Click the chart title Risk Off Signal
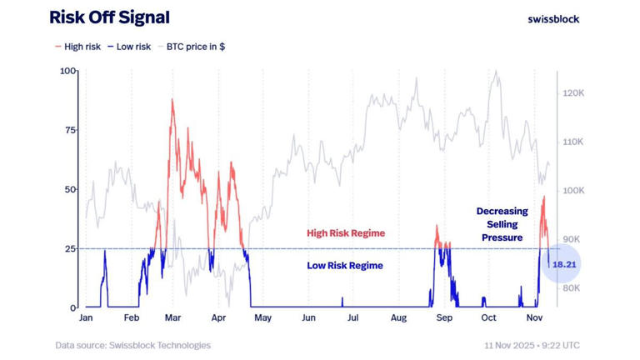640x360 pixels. click(x=109, y=17)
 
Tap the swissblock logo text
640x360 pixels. click(x=553, y=18)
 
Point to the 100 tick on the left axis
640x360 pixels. click(x=68, y=71)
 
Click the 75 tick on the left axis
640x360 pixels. click(x=71, y=130)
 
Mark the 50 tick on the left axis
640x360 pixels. click(x=71, y=189)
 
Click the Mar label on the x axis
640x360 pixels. click(x=173, y=318)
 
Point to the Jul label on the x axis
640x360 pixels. click(x=353, y=318)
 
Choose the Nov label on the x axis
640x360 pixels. click(x=535, y=318)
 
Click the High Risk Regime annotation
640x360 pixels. click(x=346, y=233)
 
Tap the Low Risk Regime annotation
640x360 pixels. click(x=345, y=266)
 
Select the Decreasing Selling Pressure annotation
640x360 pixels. click(x=502, y=224)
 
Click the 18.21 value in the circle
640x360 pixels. click(x=565, y=265)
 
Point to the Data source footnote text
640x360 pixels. click(x=133, y=345)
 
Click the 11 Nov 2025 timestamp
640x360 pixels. click(x=532, y=345)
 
